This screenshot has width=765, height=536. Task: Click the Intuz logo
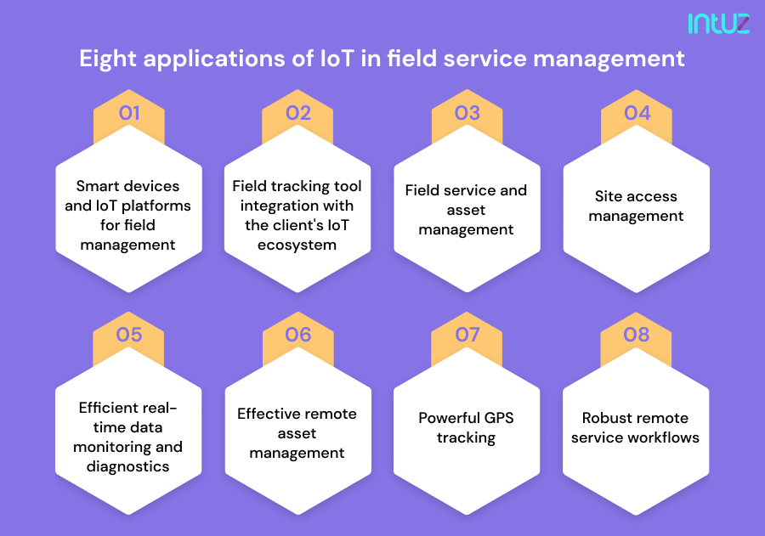click(x=718, y=23)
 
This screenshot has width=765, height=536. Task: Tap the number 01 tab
click(x=129, y=113)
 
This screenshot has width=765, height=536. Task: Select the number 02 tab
click(x=298, y=113)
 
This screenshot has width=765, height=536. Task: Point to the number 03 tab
click(x=467, y=113)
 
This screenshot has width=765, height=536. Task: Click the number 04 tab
click(x=637, y=113)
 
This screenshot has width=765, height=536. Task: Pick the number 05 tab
click(x=129, y=335)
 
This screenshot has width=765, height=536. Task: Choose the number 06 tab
click(x=298, y=335)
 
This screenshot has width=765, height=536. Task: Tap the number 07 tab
click(x=467, y=335)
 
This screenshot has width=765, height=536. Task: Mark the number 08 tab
click(x=637, y=335)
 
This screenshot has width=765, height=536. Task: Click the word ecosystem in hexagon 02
click(x=297, y=245)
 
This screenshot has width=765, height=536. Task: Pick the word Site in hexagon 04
click(x=609, y=196)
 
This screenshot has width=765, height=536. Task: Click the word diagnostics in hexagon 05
click(x=127, y=466)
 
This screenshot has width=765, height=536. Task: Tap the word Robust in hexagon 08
click(x=607, y=418)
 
